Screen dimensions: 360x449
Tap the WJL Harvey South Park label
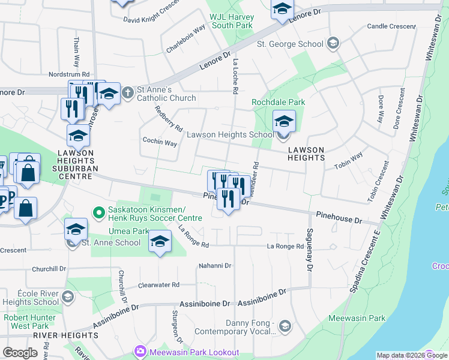point(232,21)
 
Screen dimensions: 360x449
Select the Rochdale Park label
point(278,102)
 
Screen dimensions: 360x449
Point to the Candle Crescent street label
point(391,26)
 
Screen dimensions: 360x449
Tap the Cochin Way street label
point(159,143)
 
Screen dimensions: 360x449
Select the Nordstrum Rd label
point(69,74)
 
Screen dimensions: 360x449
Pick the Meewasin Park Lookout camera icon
point(140,350)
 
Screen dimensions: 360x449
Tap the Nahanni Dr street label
point(215,265)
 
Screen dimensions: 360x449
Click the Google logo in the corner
point(19,353)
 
